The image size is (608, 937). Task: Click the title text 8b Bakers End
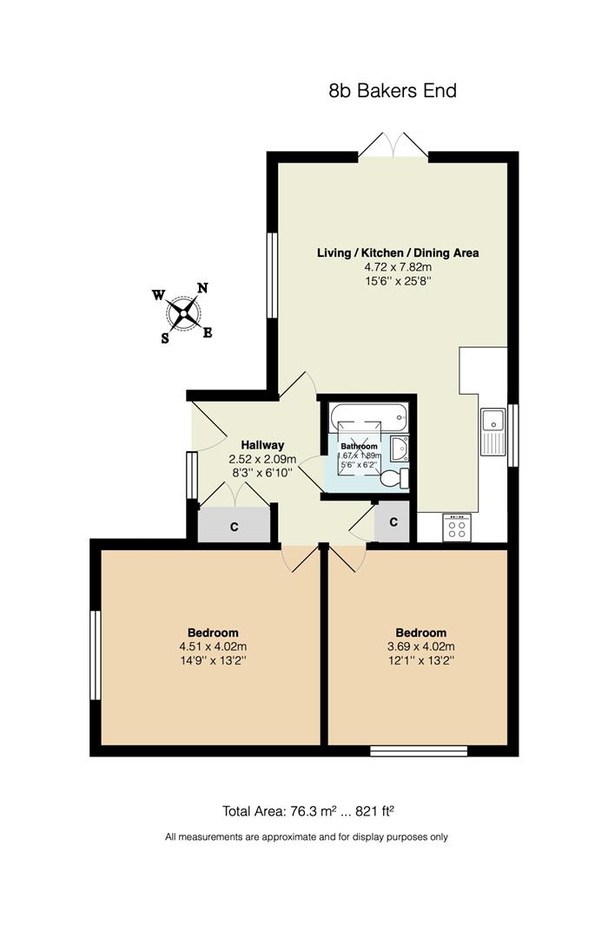tap(393, 90)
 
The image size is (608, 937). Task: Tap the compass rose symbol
tap(183, 313)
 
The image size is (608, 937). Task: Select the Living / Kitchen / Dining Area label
tap(398, 253)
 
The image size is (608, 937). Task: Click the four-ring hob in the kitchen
tap(457, 527)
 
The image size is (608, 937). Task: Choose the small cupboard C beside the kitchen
tap(393, 522)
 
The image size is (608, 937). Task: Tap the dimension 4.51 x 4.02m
tap(213, 646)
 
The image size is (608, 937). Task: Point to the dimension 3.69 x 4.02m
tap(421, 646)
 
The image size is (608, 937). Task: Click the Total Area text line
tap(308, 811)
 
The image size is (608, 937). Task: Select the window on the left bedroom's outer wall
tap(96, 655)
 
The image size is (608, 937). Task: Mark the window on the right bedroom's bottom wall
tap(419, 750)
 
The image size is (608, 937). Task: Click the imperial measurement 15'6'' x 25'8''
tap(398, 281)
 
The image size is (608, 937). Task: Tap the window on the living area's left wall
tap(272, 276)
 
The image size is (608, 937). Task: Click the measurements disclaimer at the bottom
tap(307, 837)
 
